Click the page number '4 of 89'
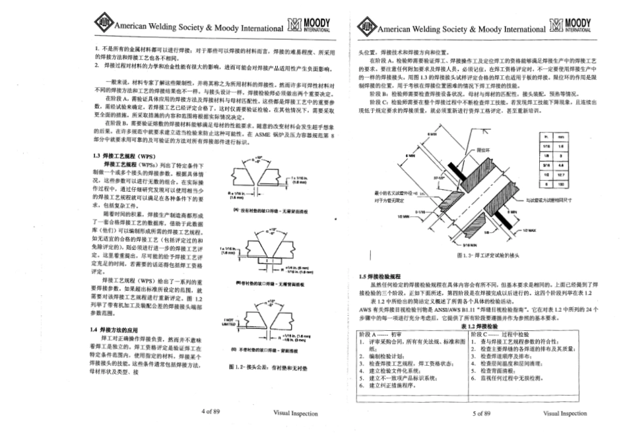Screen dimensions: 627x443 [210, 413]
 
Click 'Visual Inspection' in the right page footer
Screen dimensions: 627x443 [564, 413]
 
